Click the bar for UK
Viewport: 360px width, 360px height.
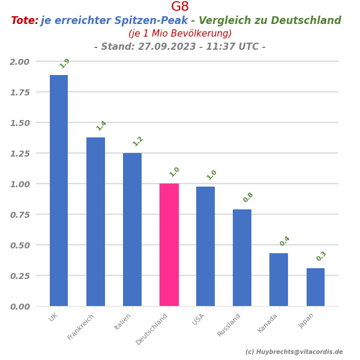click(x=59, y=190)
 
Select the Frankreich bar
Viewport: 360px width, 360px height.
click(x=95, y=221)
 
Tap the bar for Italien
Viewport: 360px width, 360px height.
click(x=132, y=229)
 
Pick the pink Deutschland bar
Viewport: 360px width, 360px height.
click(x=169, y=245)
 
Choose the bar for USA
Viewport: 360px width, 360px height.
click(x=205, y=246)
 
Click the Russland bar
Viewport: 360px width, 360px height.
click(x=242, y=257)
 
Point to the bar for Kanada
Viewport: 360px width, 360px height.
click(x=278, y=280)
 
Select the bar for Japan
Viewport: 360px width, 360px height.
click(x=316, y=287)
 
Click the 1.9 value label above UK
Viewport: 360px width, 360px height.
click(x=65, y=63)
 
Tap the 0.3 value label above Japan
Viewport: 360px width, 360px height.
click(x=322, y=256)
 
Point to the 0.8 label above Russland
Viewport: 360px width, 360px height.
click(x=248, y=197)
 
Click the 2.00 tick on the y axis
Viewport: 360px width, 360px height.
click(x=19, y=62)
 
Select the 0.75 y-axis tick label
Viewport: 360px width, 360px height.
click(x=19, y=215)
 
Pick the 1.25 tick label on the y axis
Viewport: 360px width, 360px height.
click(x=19, y=154)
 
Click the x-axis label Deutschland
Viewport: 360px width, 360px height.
click(x=152, y=329)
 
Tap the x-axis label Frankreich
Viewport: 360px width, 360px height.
click(x=82, y=326)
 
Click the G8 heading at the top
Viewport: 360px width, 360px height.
click(x=180, y=7)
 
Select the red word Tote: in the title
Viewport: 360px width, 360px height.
click(x=25, y=21)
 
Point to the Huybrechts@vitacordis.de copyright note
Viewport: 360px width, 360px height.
click(x=294, y=352)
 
